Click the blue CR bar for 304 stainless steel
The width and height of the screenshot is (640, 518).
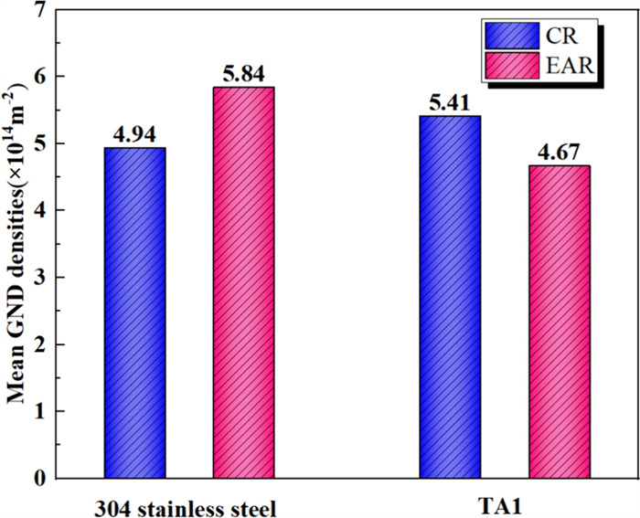tap(134, 312)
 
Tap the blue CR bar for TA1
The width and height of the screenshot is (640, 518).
tap(450, 297)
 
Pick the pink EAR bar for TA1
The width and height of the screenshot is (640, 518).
tap(559, 322)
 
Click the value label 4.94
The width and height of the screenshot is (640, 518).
tap(134, 134)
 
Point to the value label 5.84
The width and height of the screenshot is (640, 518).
tap(243, 74)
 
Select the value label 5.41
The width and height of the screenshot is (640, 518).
tap(450, 102)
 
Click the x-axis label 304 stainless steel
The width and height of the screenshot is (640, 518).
tap(188, 503)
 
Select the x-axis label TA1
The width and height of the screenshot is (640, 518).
tap(504, 503)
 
